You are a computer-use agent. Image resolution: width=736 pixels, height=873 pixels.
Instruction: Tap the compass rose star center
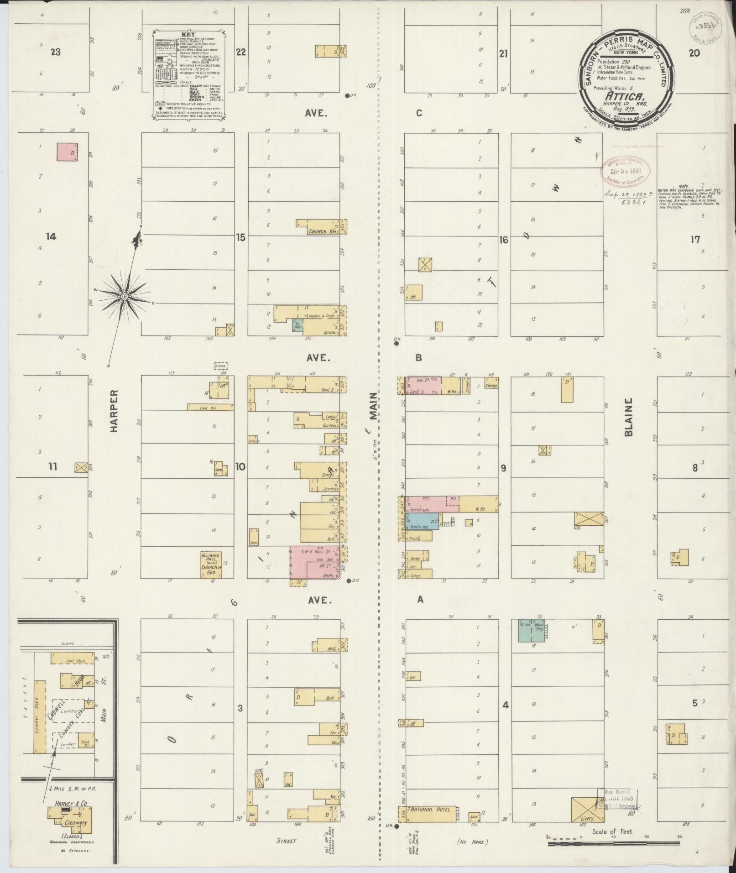pos(124,297)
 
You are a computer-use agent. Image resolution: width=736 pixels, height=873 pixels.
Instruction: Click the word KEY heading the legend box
pos(188,34)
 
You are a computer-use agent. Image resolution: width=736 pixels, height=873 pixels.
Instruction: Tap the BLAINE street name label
pos(630,417)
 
